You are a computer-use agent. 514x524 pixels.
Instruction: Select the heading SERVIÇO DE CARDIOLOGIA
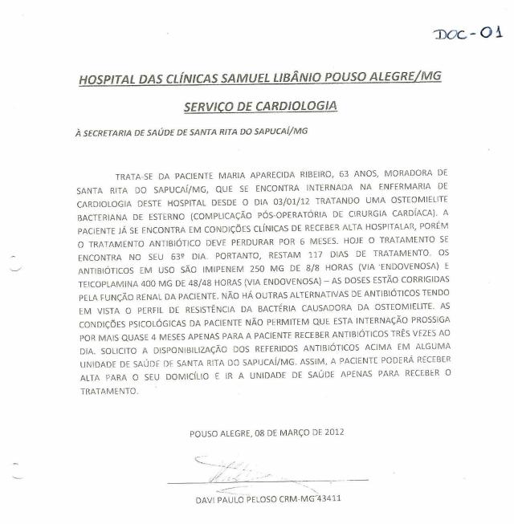(x=260, y=106)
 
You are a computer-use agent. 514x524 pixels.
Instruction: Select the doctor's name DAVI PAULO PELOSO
(x=235, y=499)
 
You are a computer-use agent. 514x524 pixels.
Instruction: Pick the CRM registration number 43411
(x=326, y=499)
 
